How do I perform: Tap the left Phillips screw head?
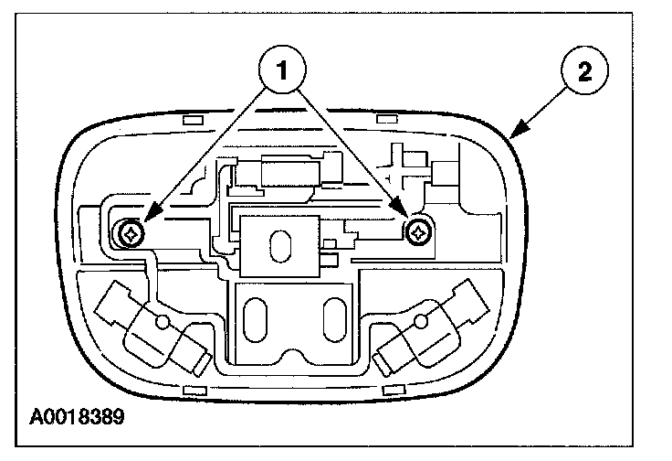pos(131,235)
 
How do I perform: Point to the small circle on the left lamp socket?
pos(162,323)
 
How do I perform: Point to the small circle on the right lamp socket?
pos(422,321)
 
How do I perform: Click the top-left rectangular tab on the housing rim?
pos(193,120)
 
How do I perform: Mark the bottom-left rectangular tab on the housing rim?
pos(193,390)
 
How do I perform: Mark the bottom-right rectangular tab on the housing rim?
pos(392,390)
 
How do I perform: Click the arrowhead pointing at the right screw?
pos(405,218)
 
